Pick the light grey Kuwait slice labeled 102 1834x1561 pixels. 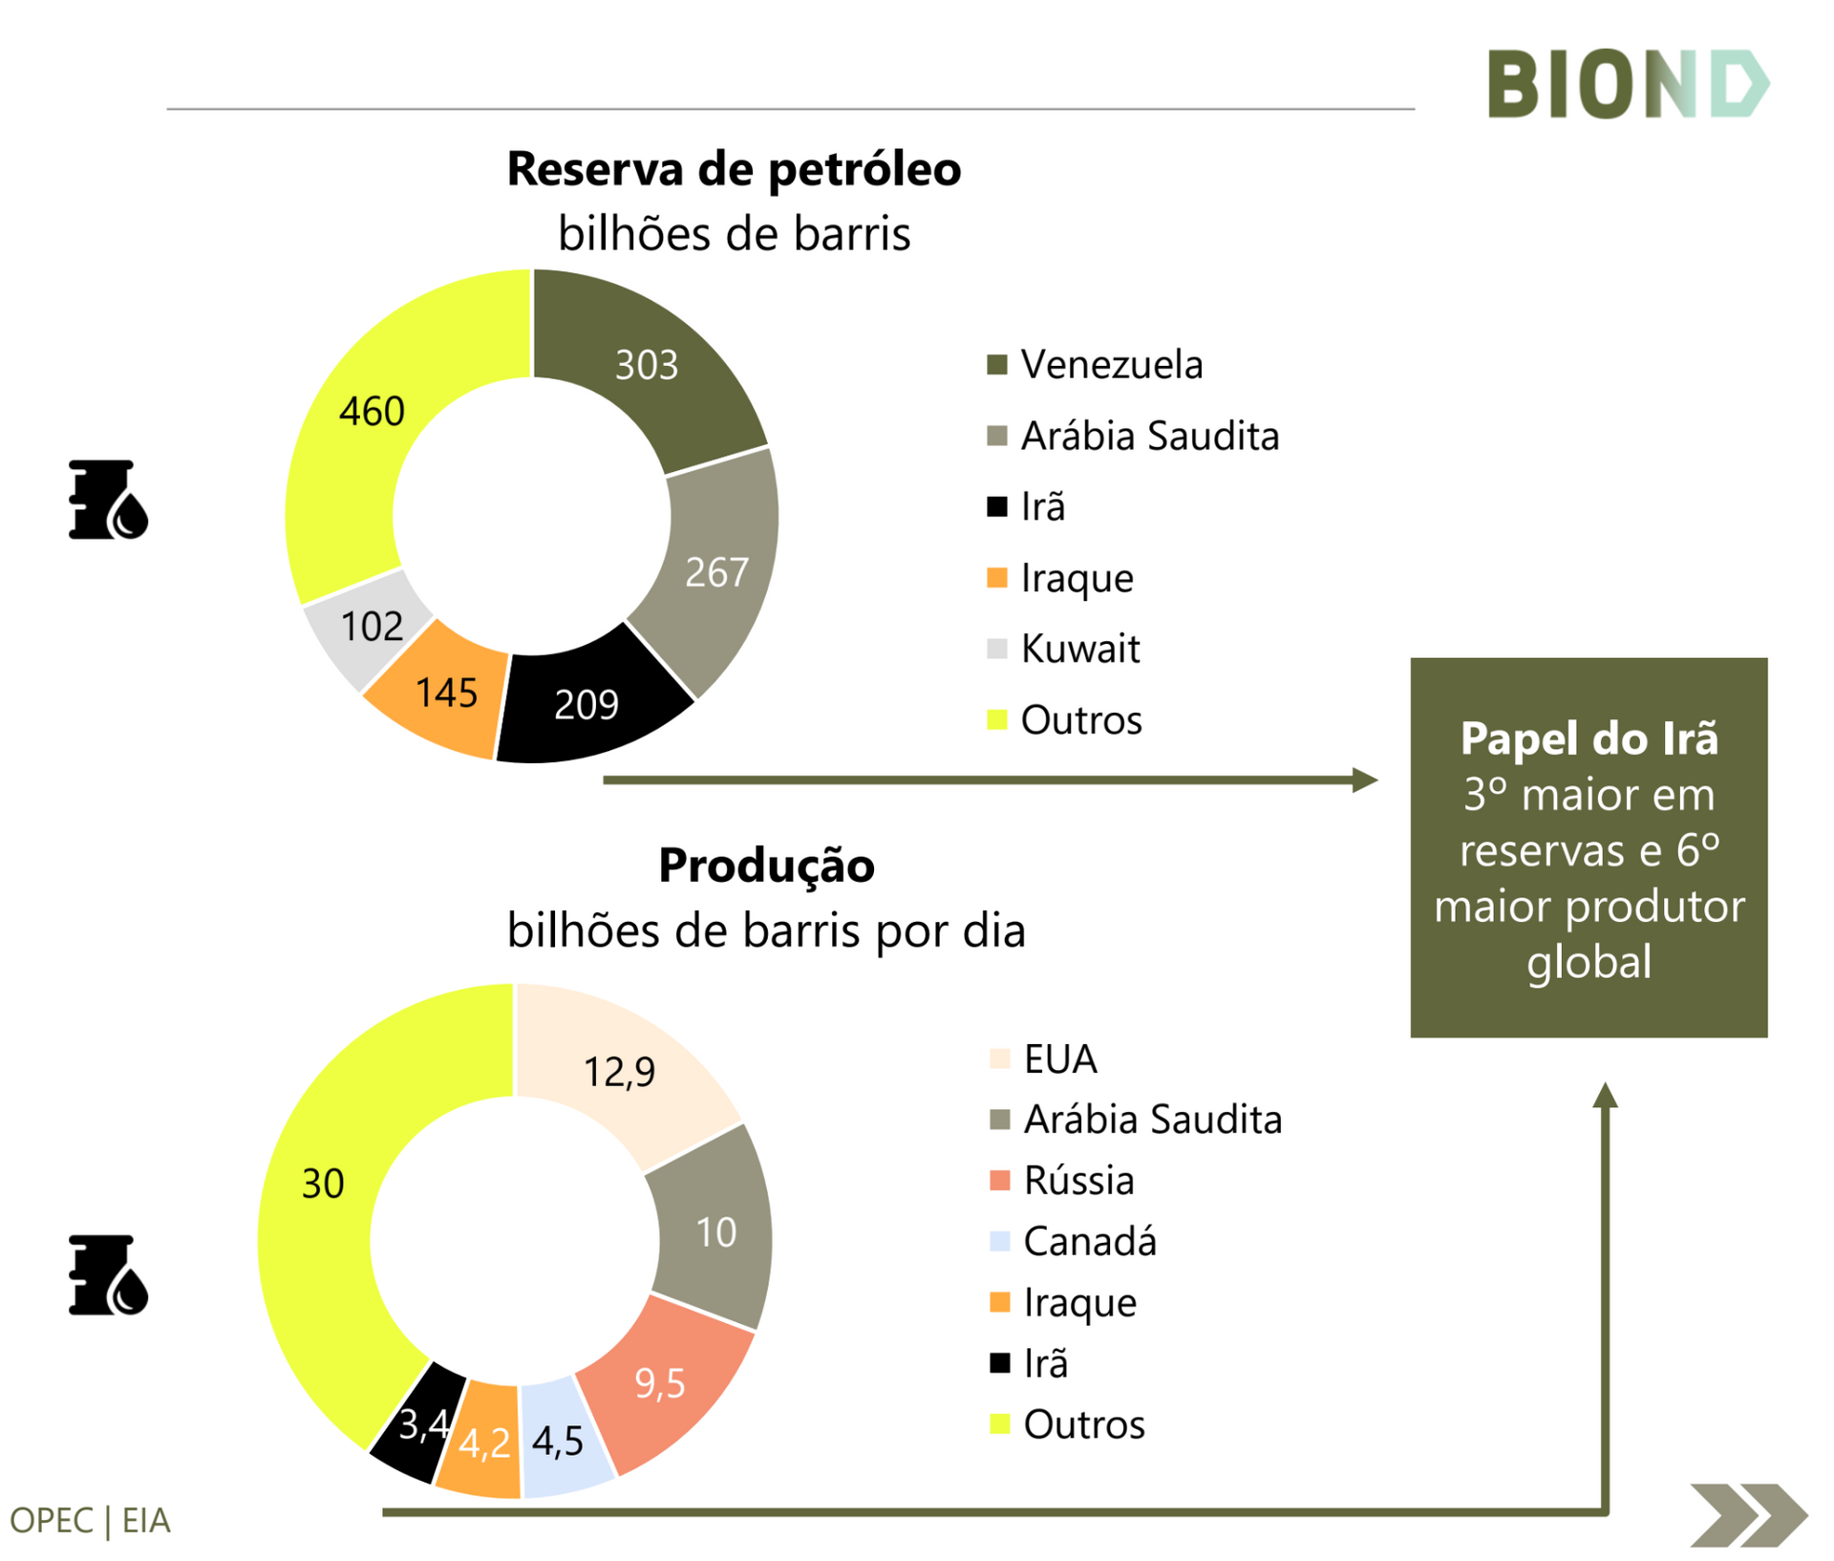click(x=371, y=627)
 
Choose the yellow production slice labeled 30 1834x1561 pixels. click(x=322, y=1185)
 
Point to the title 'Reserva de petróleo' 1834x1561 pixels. click(x=734, y=169)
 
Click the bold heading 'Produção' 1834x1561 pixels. click(x=766, y=866)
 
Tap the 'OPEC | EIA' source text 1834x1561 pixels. click(x=90, y=1520)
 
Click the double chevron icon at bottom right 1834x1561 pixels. click(x=1747, y=1515)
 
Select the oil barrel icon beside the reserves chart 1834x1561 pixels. click(x=108, y=501)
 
